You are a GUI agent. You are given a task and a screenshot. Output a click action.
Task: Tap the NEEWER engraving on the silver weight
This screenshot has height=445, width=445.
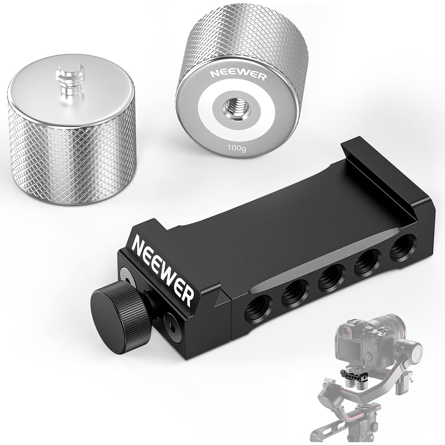(238, 75)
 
